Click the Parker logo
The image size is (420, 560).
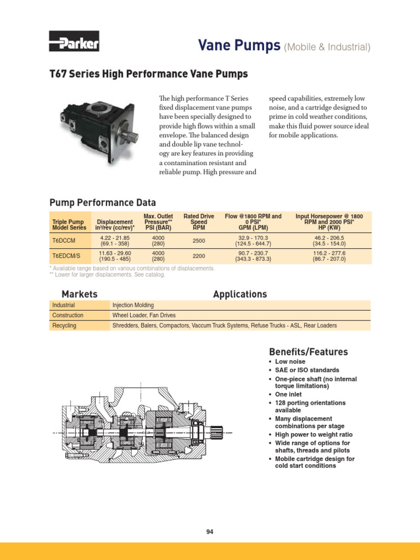tap(74, 43)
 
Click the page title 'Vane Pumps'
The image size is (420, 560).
tap(240, 46)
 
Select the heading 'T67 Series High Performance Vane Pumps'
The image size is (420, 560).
tap(149, 74)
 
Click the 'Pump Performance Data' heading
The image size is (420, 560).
tap(103, 202)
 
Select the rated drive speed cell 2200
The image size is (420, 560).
tap(199, 256)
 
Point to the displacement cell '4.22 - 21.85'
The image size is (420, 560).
tap(114, 237)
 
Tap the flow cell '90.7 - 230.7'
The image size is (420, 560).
tap(253, 253)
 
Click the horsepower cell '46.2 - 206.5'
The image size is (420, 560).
tap(329, 237)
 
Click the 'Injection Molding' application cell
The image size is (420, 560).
tap(133, 305)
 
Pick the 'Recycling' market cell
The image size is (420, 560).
tap(64, 325)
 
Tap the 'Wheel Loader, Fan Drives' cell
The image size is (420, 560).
tap(144, 316)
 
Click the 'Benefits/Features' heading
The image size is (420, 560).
tap(308, 352)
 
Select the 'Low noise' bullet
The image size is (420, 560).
tap(290, 362)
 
